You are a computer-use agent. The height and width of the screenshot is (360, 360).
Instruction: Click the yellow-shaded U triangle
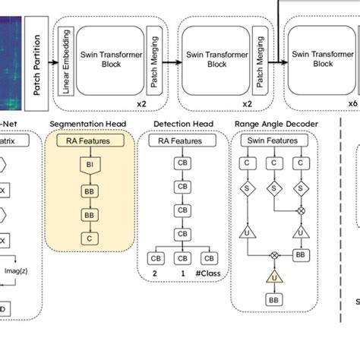(x=273, y=276)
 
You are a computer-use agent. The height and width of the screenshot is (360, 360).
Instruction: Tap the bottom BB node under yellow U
(x=273, y=301)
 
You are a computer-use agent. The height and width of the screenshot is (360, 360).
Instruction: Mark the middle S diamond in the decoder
(x=273, y=188)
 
